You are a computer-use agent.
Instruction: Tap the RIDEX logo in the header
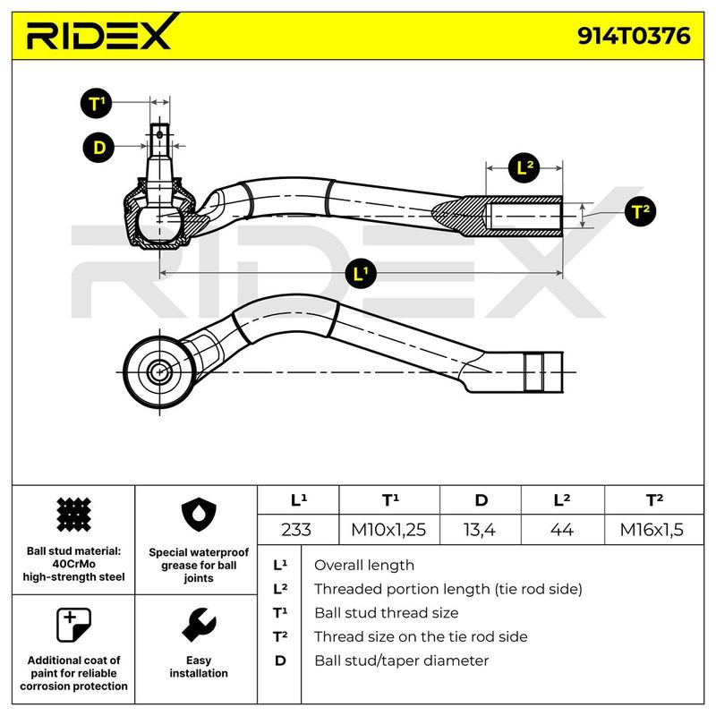click(x=98, y=36)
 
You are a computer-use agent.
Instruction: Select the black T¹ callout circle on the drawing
click(x=98, y=104)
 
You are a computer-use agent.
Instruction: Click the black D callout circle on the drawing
click(x=98, y=148)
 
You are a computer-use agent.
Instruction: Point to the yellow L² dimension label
click(x=525, y=166)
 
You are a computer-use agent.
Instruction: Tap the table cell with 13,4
click(x=481, y=530)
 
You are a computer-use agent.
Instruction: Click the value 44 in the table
click(x=561, y=530)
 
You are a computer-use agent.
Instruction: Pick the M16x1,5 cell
click(x=652, y=530)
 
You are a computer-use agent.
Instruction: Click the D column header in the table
click(x=481, y=500)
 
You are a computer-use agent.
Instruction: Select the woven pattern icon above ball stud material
click(x=72, y=516)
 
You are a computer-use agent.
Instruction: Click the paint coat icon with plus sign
click(x=72, y=624)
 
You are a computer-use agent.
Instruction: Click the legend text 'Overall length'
click(x=364, y=565)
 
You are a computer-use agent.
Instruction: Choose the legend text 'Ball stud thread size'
click(x=386, y=613)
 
